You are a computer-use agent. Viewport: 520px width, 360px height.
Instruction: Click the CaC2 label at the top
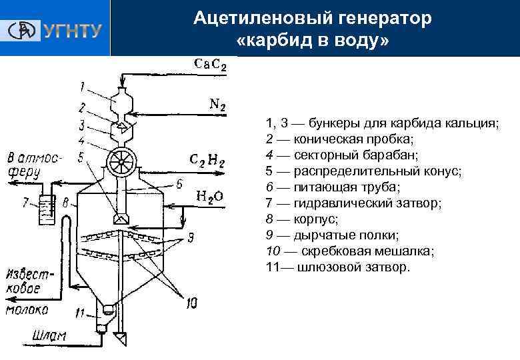click(x=210, y=65)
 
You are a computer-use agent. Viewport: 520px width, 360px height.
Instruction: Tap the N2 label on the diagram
click(x=217, y=105)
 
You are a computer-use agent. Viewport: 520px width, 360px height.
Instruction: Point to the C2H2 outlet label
click(x=207, y=161)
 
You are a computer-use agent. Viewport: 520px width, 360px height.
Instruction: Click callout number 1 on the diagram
click(x=81, y=86)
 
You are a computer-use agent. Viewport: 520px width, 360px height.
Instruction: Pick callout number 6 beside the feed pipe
click(x=179, y=185)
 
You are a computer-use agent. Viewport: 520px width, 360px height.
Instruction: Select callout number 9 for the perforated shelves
click(x=191, y=235)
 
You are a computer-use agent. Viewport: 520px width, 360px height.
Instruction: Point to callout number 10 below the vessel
click(x=192, y=303)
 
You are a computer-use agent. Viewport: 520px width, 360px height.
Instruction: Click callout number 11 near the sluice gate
click(x=80, y=313)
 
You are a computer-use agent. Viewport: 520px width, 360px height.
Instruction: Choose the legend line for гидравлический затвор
click(x=353, y=202)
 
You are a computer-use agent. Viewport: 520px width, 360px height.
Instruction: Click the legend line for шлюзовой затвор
click(x=338, y=267)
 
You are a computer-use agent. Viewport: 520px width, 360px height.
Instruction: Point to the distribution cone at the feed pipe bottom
click(x=121, y=217)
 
